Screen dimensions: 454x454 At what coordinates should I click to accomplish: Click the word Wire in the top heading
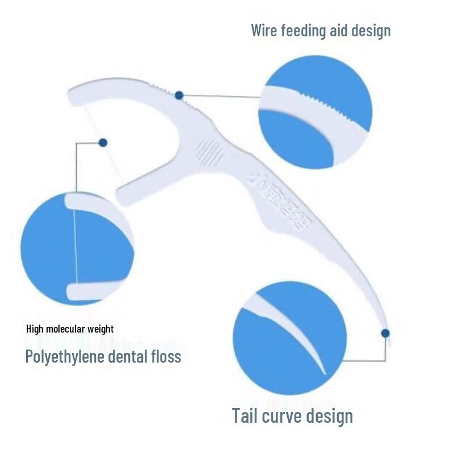pos(265,30)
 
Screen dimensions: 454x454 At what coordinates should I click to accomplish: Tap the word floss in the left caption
pos(169,356)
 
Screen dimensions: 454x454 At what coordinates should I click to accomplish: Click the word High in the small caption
pos(36,329)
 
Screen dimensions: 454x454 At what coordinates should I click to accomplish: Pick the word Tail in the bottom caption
pos(246,416)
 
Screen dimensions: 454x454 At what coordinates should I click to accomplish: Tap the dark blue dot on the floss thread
pos(103,142)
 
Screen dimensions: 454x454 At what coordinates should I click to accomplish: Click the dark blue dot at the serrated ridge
pos(179,95)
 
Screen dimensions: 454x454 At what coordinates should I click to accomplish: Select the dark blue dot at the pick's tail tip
pos(385,333)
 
